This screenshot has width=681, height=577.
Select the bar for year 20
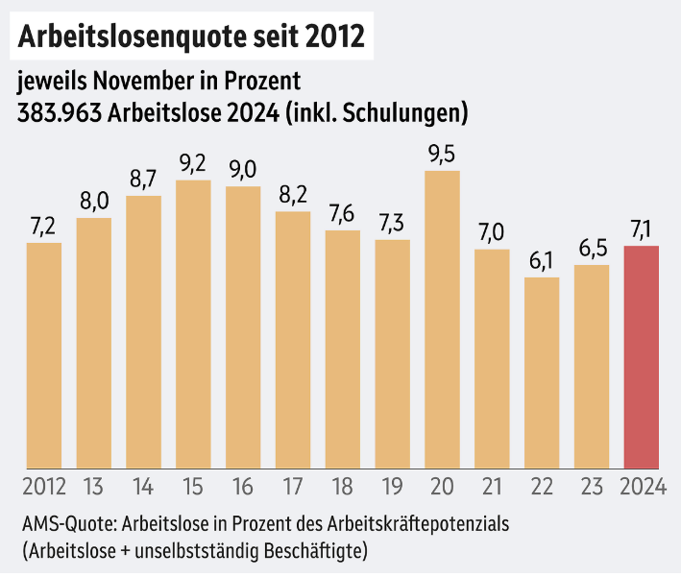pyautogui.click(x=442, y=317)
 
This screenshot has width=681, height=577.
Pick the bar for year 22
pyautogui.click(x=542, y=371)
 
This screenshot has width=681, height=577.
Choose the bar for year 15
pyautogui.click(x=193, y=322)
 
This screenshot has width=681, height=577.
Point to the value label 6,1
pyautogui.click(x=542, y=259)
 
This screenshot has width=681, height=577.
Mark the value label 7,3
pyautogui.click(x=392, y=222)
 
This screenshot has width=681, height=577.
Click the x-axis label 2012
pyautogui.click(x=44, y=487)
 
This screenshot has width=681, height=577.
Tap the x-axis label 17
pyautogui.click(x=293, y=487)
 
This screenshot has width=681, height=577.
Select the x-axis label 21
pyautogui.click(x=492, y=487)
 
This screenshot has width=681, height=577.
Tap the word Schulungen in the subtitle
pyautogui.click(x=410, y=112)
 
